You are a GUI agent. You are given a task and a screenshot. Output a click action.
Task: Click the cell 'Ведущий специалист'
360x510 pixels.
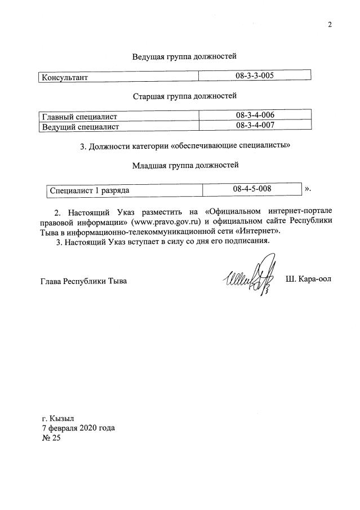click(x=79, y=127)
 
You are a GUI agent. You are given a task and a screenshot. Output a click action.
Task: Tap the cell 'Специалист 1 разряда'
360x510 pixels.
click(x=90, y=190)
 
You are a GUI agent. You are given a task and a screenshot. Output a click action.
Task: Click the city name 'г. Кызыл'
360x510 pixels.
click(x=57, y=419)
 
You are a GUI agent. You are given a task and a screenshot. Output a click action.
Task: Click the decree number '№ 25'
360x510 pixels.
click(x=51, y=437)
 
